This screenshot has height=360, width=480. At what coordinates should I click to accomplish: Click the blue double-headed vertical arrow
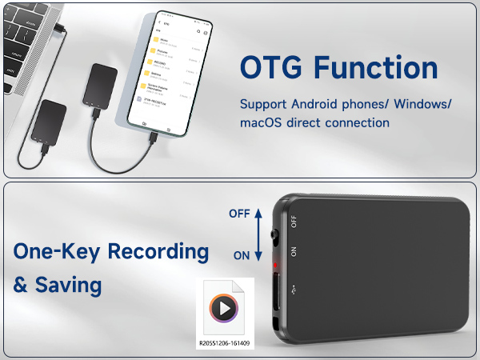pos(259,234)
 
